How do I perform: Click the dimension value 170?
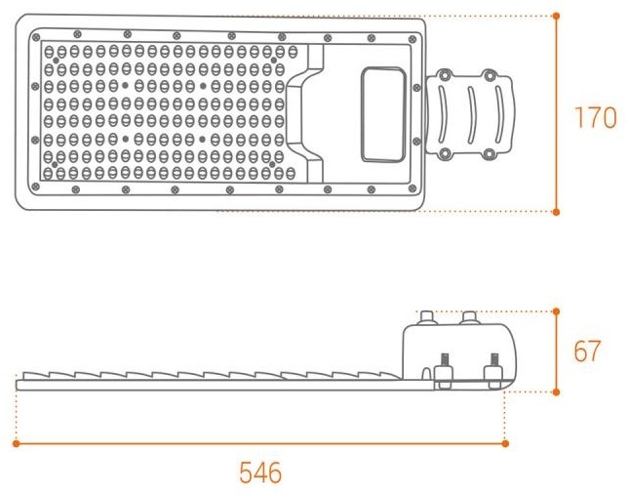click(x=595, y=117)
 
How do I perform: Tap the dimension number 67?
click(x=587, y=351)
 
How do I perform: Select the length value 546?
click(x=260, y=473)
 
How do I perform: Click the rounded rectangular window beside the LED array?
click(x=383, y=115)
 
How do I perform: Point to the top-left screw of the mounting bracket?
click(x=444, y=75)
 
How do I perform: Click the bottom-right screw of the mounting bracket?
click(x=489, y=153)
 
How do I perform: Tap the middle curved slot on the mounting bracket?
click(x=472, y=115)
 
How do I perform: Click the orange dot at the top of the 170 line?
click(x=556, y=16)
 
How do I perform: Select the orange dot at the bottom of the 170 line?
click(x=556, y=212)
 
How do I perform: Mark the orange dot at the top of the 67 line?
click(x=556, y=311)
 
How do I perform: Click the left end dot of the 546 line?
click(x=16, y=443)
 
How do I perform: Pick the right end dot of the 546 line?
click(x=505, y=443)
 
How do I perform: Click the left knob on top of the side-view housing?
click(x=428, y=317)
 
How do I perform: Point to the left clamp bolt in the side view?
click(x=444, y=371)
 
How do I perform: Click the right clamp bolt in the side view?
click(x=493, y=371)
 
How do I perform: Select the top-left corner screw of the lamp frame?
click(x=36, y=38)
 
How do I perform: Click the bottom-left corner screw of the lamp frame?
click(x=35, y=186)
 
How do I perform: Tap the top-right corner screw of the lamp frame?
click(x=412, y=39)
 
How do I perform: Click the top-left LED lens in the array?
click(x=49, y=52)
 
